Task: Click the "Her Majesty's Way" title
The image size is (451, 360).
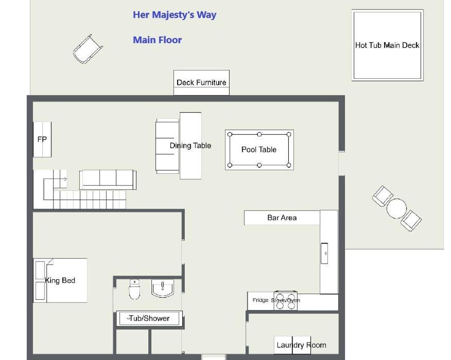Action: pyautogui.click(x=175, y=15)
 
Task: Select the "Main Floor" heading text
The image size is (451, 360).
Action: pyautogui.click(x=158, y=40)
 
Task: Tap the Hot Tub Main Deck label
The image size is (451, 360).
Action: pyautogui.click(x=387, y=45)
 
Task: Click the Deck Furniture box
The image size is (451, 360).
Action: pyautogui.click(x=201, y=83)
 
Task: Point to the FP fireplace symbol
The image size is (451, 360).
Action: pyautogui.click(x=42, y=139)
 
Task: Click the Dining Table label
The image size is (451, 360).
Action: pyautogui.click(x=190, y=146)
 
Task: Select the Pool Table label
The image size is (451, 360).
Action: pyautogui.click(x=259, y=150)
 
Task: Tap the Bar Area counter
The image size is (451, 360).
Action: pyautogui.click(x=282, y=218)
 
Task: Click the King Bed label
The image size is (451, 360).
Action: pyautogui.click(x=60, y=280)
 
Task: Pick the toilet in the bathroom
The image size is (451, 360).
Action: pyautogui.click(x=134, y=289)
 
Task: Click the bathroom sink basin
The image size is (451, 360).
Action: pyautogui.click(x=163, y=288)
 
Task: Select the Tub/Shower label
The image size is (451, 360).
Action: pyautogui.click(x=148, y=318)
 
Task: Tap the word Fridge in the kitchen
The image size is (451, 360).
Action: pyautogui.click(x=261, y=300)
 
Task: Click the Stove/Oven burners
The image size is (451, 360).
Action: pyautogui.click(x=286, y=301)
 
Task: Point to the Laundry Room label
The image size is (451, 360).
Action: pyautogui.click(x=301, y=345)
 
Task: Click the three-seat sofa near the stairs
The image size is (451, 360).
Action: pyautogui.click(x=108, y=179)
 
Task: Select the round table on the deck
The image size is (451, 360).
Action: pyautogui.click(x=396, y=209)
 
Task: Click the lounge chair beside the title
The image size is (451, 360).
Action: pyautogui.click(x=88, y=49)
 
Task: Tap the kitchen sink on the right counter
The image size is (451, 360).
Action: pyautogui.click(x=324, y=254)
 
